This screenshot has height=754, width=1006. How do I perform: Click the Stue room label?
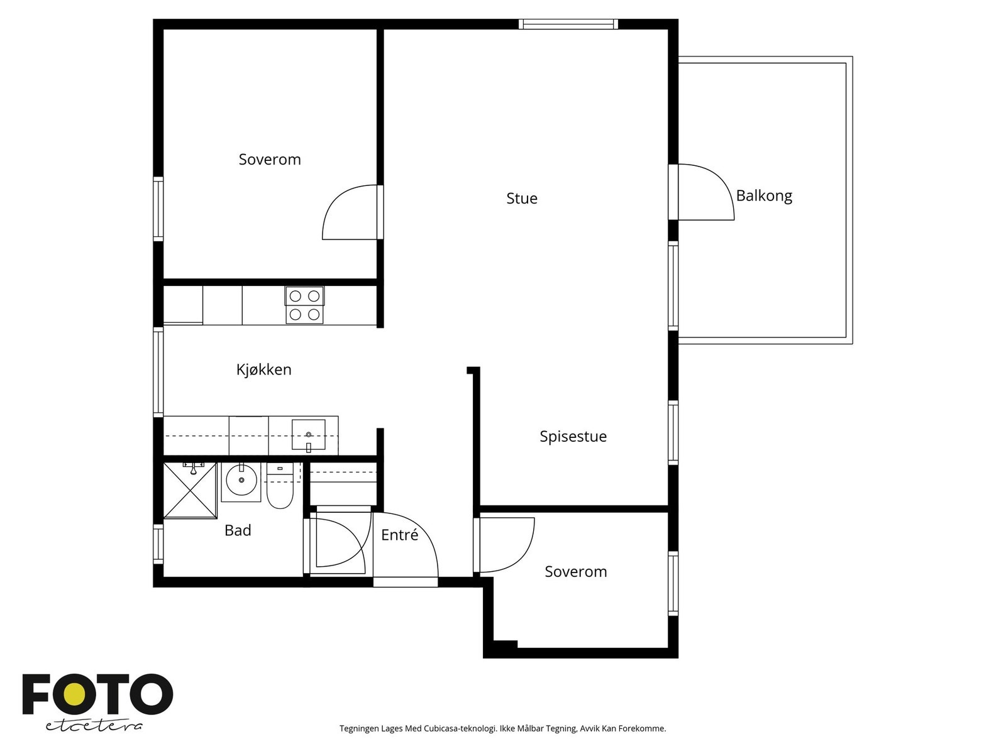(522, 198)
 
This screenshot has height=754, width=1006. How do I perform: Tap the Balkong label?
(764, 196)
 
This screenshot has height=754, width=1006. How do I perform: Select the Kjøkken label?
(264, 369)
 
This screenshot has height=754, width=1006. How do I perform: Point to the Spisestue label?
(573, 436)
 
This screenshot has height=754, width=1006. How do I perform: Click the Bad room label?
(238, 530)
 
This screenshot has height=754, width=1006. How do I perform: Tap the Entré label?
(400, 535)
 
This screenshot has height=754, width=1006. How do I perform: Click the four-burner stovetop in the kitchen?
(305, 305)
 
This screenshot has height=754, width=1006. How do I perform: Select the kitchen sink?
(309, 435)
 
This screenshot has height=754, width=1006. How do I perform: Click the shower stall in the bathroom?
(191, 490)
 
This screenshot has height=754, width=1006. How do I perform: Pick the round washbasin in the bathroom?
(241, 480)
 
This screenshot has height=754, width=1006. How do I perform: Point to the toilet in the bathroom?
(280, 486)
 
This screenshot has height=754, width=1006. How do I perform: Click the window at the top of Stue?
(568, 25)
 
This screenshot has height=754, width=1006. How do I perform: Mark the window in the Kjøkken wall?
(158, 372)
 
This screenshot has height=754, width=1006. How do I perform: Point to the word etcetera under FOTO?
(94, 726)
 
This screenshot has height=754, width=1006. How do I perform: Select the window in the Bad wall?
(158, 544)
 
